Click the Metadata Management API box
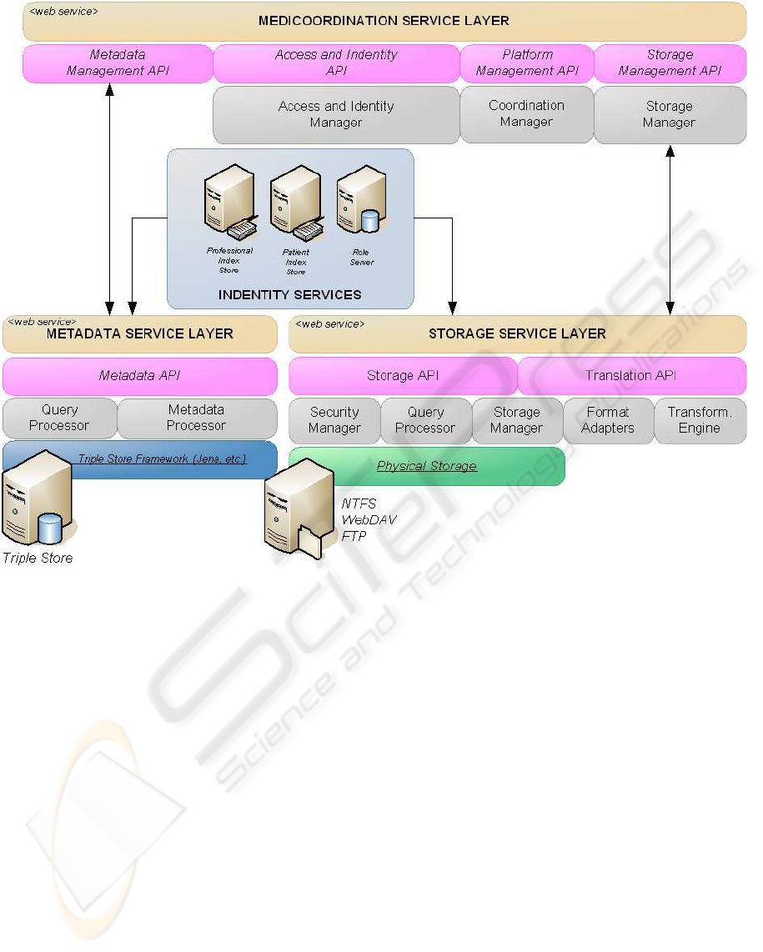[x=118, y=63]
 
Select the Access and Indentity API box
[x=336, y=63]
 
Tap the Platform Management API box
[x=527, y=63]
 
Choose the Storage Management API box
[x=670, y=63]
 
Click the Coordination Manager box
[x=526, y=114]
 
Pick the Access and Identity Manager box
[x=336, y=115]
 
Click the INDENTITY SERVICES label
[x=289, y=294]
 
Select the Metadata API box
[x=139, y=376]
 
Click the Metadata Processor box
[x=197, y=418]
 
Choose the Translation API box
[x=631, y=376]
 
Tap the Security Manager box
[x=334, y=420]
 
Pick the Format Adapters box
[x=608, y=420]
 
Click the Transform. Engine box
[x=699, y=420]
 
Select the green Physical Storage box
[x=427, y=466]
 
